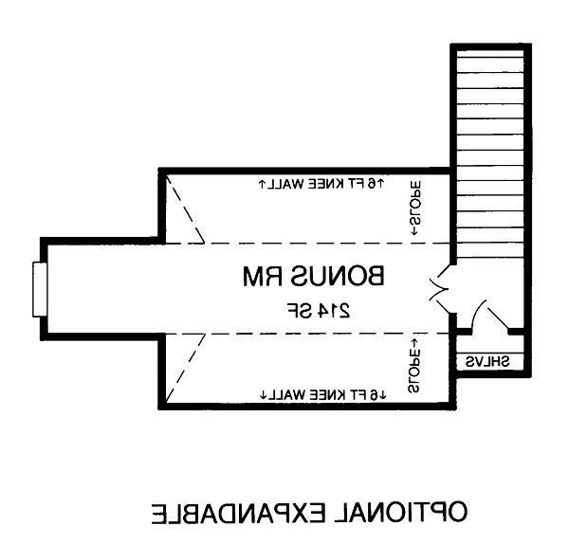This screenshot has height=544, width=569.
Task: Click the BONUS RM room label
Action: click(313, 277)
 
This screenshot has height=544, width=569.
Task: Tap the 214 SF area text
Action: click(319, 311)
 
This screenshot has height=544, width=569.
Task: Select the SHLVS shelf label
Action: click(487, 362)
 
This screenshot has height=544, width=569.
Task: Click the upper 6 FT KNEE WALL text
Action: click(321, 184)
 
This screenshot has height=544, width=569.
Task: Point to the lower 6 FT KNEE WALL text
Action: click(323, 395)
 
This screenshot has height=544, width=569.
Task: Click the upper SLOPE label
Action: click(415, 208)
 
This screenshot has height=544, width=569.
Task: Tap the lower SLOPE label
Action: click(414, 366)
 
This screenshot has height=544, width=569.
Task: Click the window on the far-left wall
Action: click(40, 289)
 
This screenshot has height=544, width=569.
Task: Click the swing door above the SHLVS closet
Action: click(490, 317)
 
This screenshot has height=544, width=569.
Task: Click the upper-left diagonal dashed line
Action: click(185, 209)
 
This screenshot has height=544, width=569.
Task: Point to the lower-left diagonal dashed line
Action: click(186, 368)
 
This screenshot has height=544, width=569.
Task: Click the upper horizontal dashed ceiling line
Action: click(307, 243)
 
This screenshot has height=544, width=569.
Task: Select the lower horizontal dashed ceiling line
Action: click(307, 334)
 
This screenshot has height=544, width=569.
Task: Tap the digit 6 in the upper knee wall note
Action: click(372, 184)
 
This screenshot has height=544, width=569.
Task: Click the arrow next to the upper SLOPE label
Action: click(413, 230)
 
